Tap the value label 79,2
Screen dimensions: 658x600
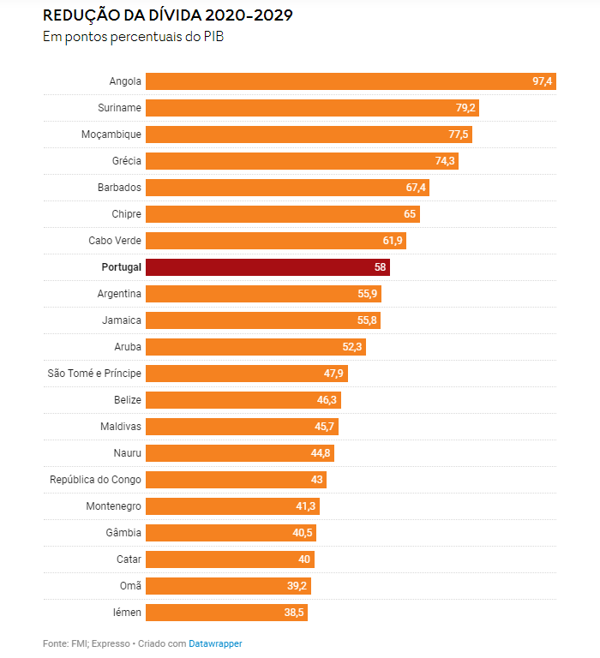tap(466, 108)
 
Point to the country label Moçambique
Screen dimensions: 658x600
tap(111, 135)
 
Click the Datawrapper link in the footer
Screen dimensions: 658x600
tap(215, 643)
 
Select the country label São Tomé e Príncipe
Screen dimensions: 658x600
tap(95, 374)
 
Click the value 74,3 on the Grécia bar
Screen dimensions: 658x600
tap(445, 161)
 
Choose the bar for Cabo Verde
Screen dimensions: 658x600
tap(275, 241)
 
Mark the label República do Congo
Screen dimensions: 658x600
tap(96, 480)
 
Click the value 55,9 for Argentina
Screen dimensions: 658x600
tap(369, 294)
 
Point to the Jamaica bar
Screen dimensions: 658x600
tap(262, 320)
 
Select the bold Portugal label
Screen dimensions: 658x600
tap(121, 267)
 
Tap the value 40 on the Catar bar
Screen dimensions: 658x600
tap(304, 559)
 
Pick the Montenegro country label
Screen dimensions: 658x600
tap(114, 506)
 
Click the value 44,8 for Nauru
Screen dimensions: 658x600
tap(321, 453)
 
